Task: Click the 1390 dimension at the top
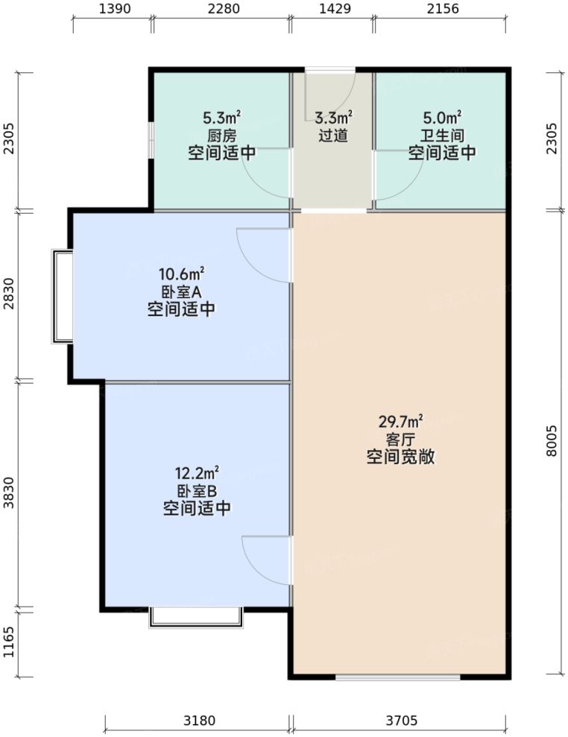(114, 9)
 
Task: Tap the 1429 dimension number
(332, 9)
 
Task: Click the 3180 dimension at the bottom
(198, 721)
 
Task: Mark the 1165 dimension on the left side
(9, 643)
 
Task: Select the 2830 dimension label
(9, 297)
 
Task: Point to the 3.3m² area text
(332, 118)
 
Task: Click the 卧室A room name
(181, 292)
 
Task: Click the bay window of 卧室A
(62, 297)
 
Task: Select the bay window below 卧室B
(196, 618)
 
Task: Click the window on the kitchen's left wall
(151, 139)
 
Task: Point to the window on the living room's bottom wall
(397, 677)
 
